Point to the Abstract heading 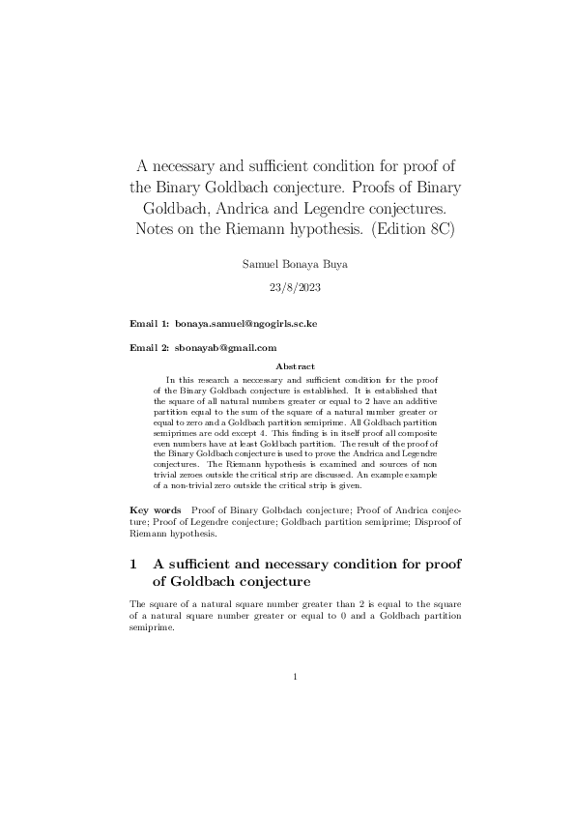[x=295, y=367]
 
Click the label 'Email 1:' [x=150, y=325]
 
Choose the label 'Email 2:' [x=150, y=348]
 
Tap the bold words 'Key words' [x=156, y=509]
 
